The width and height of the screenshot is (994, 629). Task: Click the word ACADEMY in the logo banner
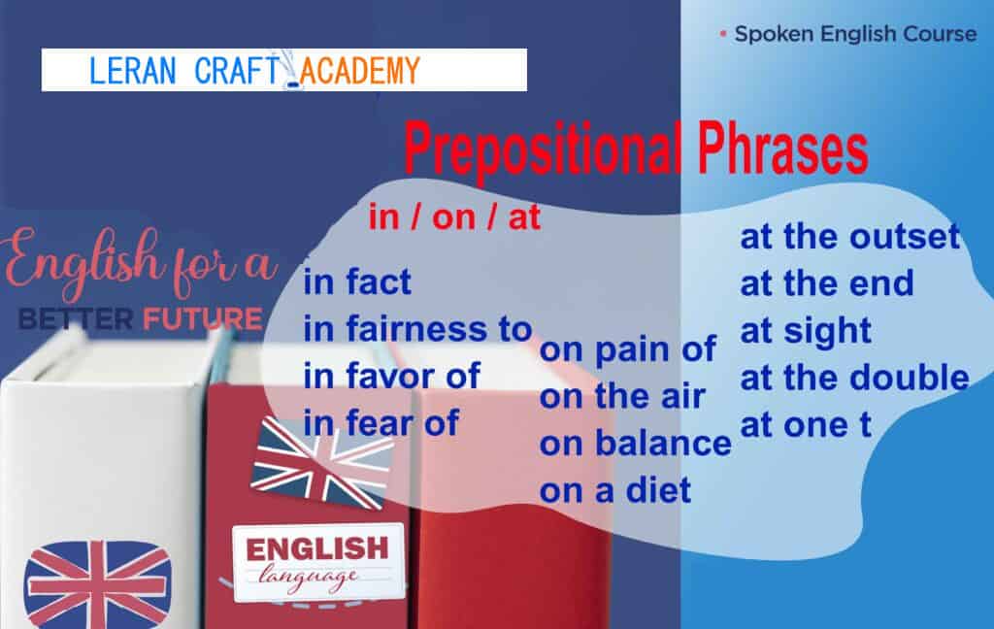[359, 71]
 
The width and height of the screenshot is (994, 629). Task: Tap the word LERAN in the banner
[132, 71]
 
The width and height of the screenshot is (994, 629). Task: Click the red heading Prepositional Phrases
[636, 149]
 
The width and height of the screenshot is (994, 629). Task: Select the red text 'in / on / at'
[454, 217]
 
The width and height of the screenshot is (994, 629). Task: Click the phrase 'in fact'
[357, 281]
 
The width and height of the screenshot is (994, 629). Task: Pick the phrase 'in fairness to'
[417, 329]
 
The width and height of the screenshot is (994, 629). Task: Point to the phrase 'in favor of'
[392, 376]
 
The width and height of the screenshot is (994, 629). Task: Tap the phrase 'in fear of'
[381, 423]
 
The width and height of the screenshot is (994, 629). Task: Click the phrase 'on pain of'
[628, 349]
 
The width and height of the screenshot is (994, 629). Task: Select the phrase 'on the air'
[622, 396]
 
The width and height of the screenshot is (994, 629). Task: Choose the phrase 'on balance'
[635, 444]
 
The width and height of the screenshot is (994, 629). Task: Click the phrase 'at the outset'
[850, 237]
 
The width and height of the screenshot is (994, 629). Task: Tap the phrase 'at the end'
[827, 283]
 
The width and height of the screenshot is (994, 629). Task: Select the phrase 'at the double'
[854, 378]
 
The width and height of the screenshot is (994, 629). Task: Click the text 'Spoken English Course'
[855, 34]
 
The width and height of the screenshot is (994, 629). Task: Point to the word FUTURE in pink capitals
[202, 319]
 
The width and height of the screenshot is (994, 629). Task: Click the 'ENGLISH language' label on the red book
[318, 562]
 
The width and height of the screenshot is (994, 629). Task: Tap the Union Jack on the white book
[97, 584]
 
